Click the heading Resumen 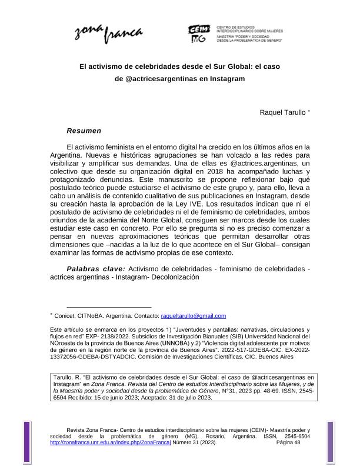(x=85, y=130)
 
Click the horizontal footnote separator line (x=109, y=307)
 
